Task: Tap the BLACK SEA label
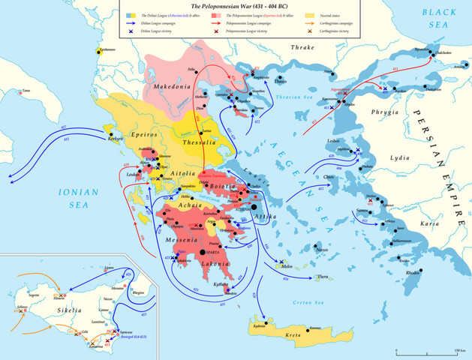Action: pyautogui.click(x=443, y=19)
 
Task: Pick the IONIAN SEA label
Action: pyautogui.click(x=78, y=199)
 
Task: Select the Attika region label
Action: pyautogui.click(x=264, y=216)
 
